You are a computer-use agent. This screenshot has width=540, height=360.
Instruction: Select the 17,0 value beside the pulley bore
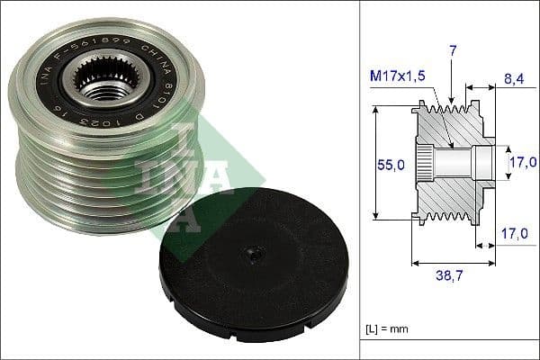[523, 162]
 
